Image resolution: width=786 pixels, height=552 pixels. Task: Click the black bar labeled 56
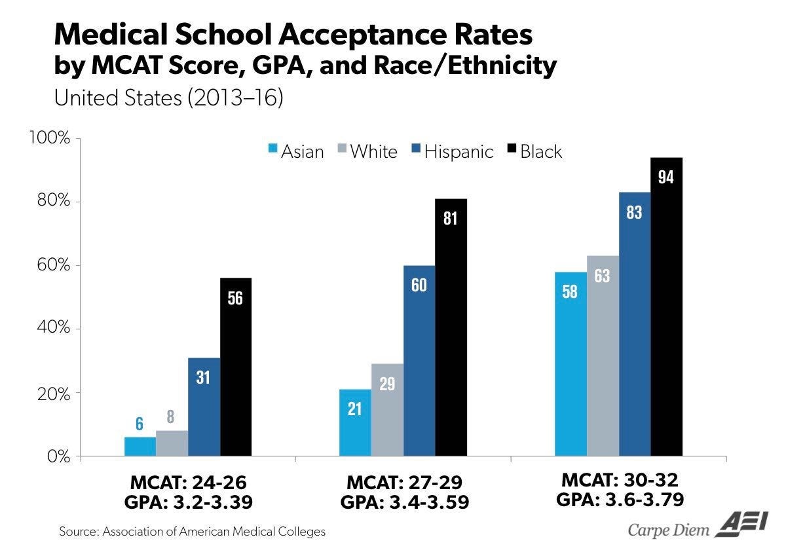pos(236,367)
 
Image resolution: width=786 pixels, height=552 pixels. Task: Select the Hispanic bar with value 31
pos(204,407)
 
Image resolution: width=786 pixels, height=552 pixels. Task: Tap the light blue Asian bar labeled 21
pos(355,422)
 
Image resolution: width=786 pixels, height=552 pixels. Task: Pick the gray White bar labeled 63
pos(603,356)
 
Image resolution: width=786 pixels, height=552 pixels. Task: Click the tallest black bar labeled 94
pos(666,306)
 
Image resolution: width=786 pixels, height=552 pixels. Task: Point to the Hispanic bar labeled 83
pos(635,324)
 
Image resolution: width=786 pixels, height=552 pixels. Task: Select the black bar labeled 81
pos(451,327)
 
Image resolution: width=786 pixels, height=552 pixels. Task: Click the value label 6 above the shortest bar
pos(140,424)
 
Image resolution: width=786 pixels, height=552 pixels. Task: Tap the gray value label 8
pos(170,416)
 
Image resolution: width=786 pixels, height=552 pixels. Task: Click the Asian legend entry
pos(296,151)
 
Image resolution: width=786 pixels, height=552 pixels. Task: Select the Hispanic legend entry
pos(453,151)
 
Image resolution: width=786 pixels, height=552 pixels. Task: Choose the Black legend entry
pos(534,151)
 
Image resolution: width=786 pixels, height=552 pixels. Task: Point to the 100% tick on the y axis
pos(50,138)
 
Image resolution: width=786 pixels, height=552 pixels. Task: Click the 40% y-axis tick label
pos(54,327)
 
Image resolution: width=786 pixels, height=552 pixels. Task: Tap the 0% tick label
pos(58,457)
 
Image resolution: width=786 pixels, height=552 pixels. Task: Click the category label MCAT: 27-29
pos(404,483)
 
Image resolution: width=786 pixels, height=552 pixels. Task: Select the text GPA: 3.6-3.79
pos(620,500)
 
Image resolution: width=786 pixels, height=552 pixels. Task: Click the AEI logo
pos(741,524)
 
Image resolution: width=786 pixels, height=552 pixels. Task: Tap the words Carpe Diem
pos(669,530)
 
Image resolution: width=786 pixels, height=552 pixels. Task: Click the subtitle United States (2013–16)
pos(168,98)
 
